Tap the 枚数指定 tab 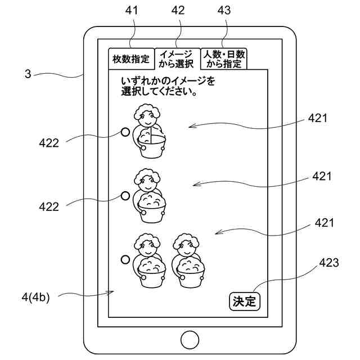click(131, 59)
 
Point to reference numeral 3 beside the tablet click(28, 73)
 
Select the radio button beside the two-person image click(125, 259)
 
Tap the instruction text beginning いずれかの click(168, 87)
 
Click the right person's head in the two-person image click(187, 244)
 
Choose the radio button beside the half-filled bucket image click(125, 133)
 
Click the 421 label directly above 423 click(325, 223)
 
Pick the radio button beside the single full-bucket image click(125, 196)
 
